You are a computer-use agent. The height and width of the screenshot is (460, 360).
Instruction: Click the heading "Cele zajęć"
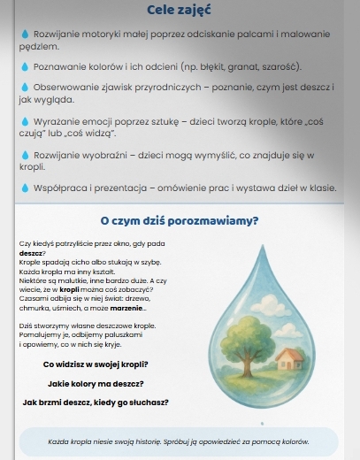tap(180, 10)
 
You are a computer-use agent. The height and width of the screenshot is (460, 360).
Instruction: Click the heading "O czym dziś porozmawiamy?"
tap(180, 220)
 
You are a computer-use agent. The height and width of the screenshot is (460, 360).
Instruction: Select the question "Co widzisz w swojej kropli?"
tap(96, 364)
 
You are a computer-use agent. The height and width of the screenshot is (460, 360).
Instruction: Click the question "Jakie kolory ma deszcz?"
tap(96, 383)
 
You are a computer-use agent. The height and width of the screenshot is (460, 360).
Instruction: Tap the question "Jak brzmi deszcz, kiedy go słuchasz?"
tap(96, 402)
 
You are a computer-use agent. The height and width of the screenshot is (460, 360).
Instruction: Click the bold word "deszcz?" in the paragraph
tap(32, 253)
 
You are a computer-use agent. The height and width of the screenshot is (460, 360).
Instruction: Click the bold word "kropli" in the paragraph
tap(70, 288)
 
